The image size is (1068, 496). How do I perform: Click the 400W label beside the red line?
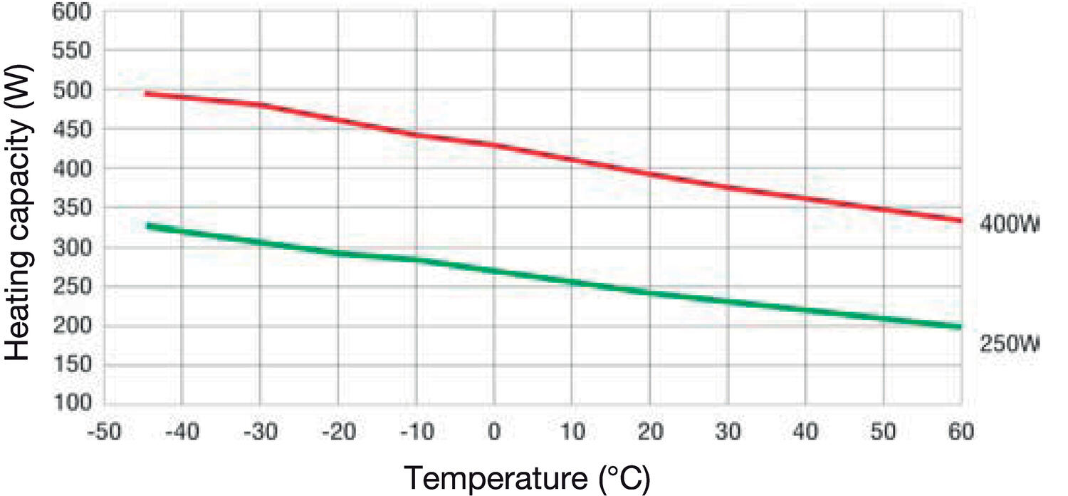coord(1009,224)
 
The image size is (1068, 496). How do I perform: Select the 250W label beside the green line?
coord(1009,343)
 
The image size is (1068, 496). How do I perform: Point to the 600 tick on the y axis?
coord(71,11)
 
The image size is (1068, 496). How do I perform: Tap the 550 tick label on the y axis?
coord(71,50)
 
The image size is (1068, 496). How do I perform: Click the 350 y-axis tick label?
coord(71,207)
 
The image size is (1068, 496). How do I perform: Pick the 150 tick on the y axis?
coord(71,365)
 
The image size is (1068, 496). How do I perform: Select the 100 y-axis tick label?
coord(71,403)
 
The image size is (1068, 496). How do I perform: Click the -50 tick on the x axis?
coord(105,432)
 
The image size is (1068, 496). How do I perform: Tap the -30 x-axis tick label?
coord(261,432)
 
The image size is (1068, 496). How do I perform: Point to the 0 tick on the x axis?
coord(494,432)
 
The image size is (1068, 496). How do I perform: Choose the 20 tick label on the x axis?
coord(650,432)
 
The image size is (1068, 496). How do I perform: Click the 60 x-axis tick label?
coord(961,432)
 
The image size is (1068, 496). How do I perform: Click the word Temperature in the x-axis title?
coord(496,478)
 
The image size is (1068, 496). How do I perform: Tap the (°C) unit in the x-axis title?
coord(624,478)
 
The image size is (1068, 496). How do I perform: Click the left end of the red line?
coord(145,93)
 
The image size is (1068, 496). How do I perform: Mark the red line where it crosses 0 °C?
coord(494,145)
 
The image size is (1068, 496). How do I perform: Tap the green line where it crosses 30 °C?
coord(728,301)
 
